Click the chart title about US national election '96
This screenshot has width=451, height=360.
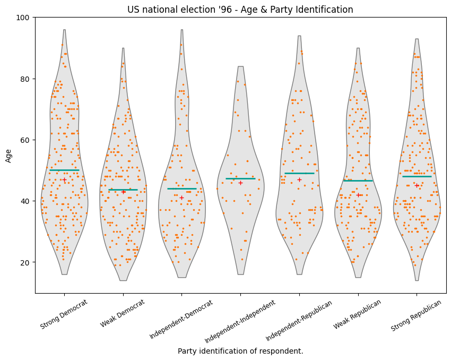coord(240,10)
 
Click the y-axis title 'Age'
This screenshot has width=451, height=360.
coord(8,155)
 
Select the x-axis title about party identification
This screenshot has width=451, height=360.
coord(240,351)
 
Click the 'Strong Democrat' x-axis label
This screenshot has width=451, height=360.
coord(64,315)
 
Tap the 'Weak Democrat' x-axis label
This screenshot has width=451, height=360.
coord(123,314)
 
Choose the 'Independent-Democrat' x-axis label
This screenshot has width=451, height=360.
coord(181,319)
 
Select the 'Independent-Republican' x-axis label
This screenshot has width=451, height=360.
coord(299,320)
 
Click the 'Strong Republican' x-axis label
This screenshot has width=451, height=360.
coord(417,315)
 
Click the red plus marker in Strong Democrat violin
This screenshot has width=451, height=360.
coord(64,180)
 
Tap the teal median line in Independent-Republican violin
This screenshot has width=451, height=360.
coord(299,173)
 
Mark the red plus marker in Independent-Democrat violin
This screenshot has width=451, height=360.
coord(181,198)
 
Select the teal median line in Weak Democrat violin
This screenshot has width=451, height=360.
coord(123,190)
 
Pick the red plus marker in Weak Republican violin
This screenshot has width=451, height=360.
coord(358,195)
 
